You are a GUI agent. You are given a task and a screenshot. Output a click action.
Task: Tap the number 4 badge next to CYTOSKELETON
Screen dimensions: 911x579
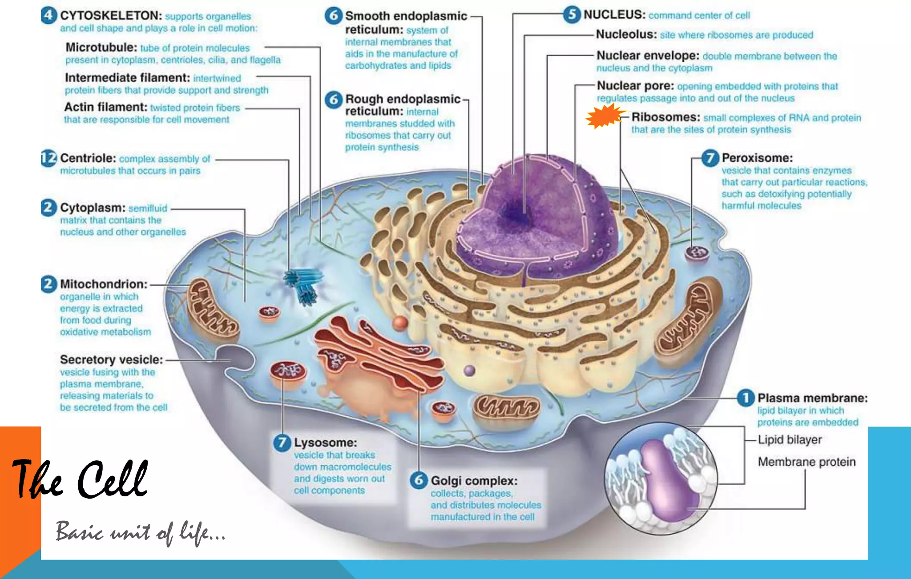(49, 15)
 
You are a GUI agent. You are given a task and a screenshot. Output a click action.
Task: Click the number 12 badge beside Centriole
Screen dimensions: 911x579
(49, 158)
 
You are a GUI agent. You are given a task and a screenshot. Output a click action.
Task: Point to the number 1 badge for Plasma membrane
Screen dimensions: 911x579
(746, 398)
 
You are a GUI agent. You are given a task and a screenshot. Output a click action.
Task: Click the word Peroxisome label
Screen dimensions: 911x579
(757, 158)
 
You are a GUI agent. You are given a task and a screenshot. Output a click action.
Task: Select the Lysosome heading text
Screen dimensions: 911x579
(325, 443)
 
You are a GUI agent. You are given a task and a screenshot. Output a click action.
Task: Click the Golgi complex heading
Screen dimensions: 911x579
(474, 481)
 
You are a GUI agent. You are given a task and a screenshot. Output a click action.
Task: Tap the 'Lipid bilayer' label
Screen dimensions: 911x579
(790, 440)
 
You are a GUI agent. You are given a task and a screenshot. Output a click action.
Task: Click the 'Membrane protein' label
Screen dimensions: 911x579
(807, 462)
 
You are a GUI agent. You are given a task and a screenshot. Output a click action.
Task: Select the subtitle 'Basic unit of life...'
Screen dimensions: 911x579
(140, 532)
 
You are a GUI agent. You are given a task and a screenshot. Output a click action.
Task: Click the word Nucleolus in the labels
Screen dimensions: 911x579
(626, 34)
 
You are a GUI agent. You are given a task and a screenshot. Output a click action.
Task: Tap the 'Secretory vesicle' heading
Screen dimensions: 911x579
(112, 359)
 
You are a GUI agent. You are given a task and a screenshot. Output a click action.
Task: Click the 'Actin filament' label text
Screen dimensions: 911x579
(106, 107)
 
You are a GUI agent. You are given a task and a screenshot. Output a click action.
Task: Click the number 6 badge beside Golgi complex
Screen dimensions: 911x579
(419, 480)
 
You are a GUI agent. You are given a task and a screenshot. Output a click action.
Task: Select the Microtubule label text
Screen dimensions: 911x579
(101, 47)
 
